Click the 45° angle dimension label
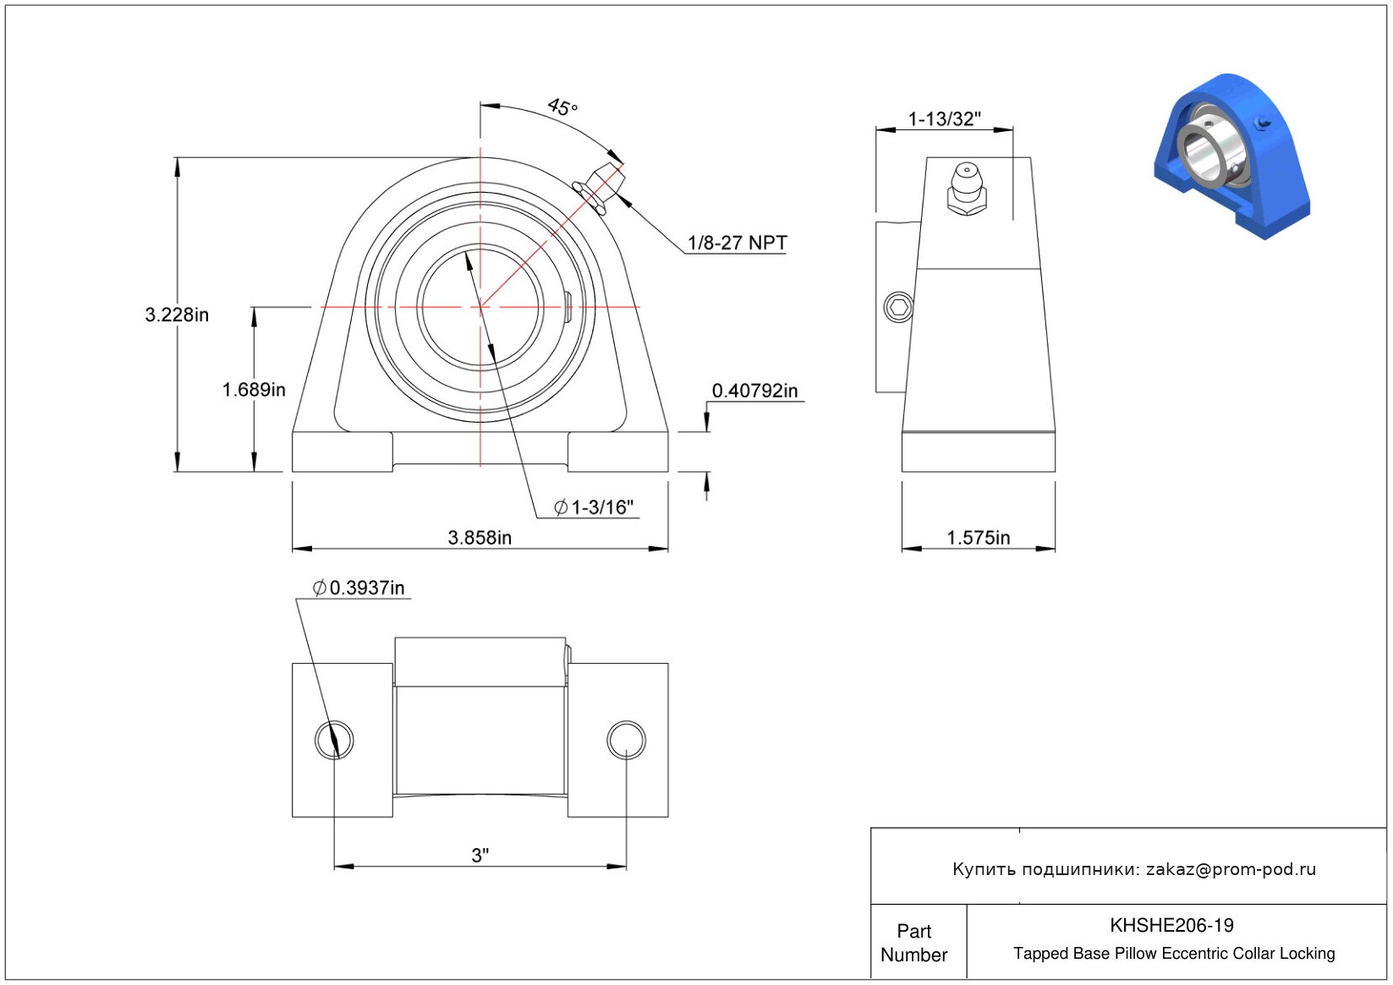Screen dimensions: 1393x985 click(562, 107)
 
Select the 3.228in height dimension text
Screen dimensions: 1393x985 click(177, 315)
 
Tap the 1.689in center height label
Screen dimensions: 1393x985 click(254, 390)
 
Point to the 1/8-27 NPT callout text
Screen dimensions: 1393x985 click(737, 243)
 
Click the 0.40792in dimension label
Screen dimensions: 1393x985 click(754, 391)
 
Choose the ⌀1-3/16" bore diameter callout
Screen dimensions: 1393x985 click(593, 507)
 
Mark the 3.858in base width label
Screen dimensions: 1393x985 click(480, 537)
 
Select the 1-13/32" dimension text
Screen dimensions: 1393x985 click(944, 118)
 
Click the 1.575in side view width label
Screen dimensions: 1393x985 click(979, 537)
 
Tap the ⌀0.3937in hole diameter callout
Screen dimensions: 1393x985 click(359, 588)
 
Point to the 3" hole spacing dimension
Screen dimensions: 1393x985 click(480, 855)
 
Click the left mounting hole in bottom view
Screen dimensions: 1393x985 click(334, 739)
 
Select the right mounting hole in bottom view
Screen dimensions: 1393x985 click(626, 739)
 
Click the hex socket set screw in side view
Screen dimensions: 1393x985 click(898, 307)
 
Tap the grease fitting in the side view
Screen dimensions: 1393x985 click(967, 189)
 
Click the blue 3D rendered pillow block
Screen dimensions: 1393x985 click(1232, 156)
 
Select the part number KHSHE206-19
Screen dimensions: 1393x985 click(1171, 925)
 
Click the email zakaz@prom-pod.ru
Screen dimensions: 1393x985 click(1231, 868)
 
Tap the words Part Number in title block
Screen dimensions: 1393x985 click(913, 943)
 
